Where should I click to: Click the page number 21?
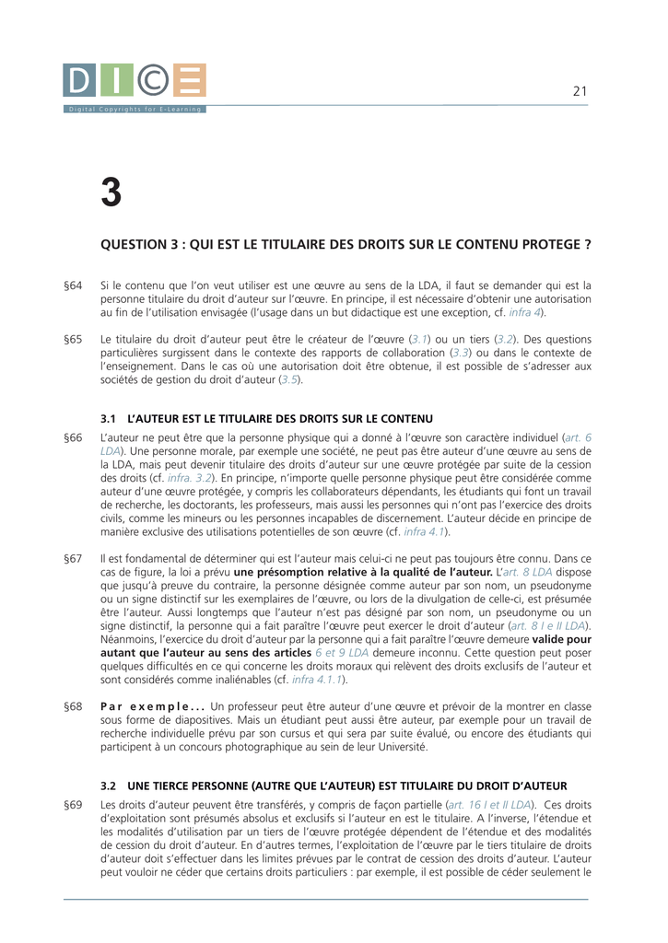point(580,90)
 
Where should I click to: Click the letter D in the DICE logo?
point(79,81)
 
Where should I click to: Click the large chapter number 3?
point(111,192)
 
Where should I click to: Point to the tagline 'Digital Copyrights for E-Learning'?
point(135,110)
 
